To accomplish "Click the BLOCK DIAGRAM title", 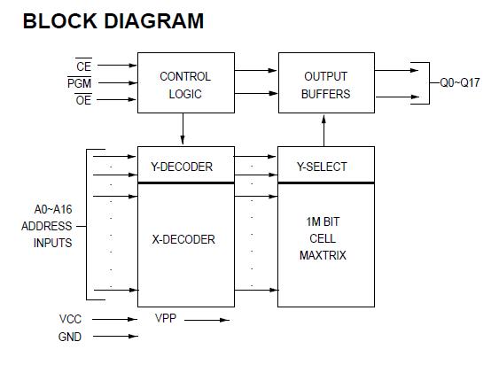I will click(x=113, y=21).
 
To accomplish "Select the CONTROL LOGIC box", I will click(x=184, y=85).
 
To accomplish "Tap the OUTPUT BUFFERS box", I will click(x=326, y=85).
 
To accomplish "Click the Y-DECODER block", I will click(x=184, y=166).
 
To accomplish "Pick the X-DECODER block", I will click(x=184, y=239).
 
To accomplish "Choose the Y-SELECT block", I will click(x=326, y=166).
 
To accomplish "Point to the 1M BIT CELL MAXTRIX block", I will click(x=326, y=239).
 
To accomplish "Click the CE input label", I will click(x=83, y=66).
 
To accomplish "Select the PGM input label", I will click(x=80, y=83).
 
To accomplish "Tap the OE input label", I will click(x=83, y=100).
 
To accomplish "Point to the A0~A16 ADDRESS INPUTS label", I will click(x=47, y=226).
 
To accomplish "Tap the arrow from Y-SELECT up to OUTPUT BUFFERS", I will click(x=324, y=129).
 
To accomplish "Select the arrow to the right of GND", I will click(x=114, y=336).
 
